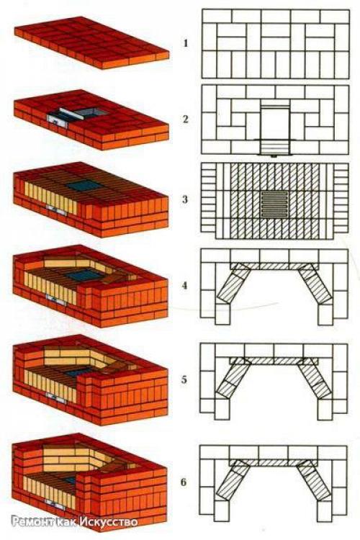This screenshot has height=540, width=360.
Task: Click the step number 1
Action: coord(186,43)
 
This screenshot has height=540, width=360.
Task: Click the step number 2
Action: coord(186,119)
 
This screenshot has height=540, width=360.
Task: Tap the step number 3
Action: coord(185,199)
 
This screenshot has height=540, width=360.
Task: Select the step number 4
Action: coord(185,286)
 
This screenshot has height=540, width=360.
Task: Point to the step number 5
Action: coord(184,379)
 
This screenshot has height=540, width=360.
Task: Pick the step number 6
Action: coord(184,482)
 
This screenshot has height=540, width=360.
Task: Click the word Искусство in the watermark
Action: coord(109,522)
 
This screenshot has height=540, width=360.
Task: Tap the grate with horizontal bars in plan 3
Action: coord(274,204)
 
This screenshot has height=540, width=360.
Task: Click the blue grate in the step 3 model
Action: coord(84,186)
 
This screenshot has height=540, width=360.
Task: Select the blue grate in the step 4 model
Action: coord(84,274)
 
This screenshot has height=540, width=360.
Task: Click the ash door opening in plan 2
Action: coord(274,148)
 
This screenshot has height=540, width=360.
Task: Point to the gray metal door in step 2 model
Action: coord(58,120)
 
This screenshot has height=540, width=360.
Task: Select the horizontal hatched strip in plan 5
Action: coord(274,361)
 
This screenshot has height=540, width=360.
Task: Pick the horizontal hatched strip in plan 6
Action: coord(273,462)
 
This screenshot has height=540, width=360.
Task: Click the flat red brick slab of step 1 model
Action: coord(92,42)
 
